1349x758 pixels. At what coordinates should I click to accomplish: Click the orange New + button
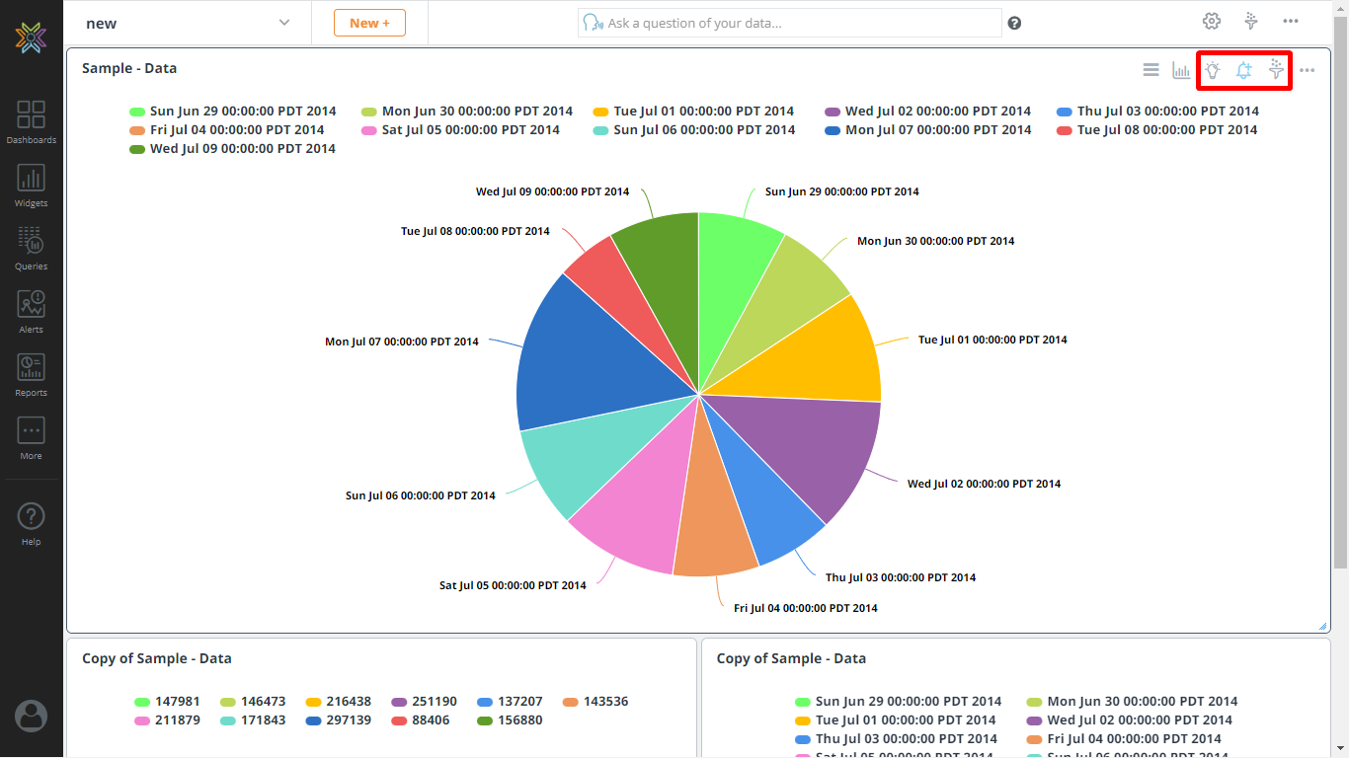369,23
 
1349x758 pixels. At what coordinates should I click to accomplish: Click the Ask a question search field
790,23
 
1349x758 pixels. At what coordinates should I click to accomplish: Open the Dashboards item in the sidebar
31,121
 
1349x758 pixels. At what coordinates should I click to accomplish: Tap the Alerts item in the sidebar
31,311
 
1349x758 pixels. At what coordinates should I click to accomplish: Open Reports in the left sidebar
31,374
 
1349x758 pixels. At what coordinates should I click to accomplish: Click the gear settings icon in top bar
1212,22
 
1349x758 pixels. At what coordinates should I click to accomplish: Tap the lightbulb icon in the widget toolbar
1212,70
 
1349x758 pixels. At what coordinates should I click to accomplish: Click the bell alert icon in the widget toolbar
1244,70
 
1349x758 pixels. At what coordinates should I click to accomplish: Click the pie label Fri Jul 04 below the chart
805,608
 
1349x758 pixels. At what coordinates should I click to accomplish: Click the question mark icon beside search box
1014,24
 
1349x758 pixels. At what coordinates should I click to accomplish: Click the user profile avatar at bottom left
31,716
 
